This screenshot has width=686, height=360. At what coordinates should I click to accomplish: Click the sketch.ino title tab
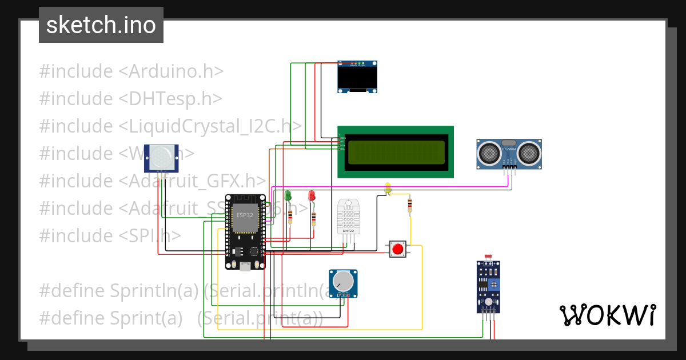point(101,25)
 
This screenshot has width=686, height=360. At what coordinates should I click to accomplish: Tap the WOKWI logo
point(607,315)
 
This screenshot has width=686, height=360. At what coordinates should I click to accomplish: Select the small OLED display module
point(358,77)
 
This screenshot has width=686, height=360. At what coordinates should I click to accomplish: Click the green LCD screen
point(396,152)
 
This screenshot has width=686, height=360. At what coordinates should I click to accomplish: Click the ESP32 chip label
point(245,217)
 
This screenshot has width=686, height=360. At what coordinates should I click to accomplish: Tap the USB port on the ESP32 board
point(245,265)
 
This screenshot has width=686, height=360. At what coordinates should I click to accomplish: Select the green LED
point(288,195)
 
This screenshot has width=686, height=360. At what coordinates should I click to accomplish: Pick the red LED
point(312,195)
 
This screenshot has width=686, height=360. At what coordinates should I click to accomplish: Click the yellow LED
point(388,187)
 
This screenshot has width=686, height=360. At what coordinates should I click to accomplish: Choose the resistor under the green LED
point(290,217)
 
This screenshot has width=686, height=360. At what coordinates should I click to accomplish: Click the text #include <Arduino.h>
point(131,71)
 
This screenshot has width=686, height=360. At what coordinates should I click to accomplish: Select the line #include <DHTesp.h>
point(130,99)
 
